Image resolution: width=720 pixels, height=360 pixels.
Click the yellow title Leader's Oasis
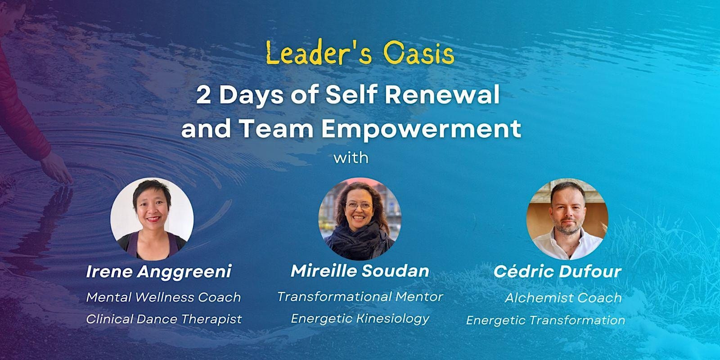click(x=360, y=53)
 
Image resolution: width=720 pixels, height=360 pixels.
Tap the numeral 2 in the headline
click(x=203, y=95)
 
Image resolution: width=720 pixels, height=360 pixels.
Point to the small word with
click(x=351, y=157)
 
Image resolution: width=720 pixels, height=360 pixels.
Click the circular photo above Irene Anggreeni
click(x=152, y=219)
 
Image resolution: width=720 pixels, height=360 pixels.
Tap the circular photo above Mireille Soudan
click(x=360, y=219)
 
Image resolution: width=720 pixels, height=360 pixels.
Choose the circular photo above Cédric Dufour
click(x=567, y=219)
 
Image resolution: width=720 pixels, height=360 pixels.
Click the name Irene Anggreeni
click(x=159, y=271)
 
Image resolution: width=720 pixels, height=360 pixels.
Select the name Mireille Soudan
click(x=360, y=270)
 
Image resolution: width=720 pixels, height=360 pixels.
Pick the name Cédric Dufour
click(x=558, y=272)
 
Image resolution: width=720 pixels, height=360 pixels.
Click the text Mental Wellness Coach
click(x=164, y=297)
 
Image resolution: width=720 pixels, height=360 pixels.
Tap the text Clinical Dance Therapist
click(x=164, y=319)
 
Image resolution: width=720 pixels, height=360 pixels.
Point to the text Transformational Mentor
click(x=360, y=297)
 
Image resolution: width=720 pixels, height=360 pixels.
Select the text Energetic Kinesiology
click(x=360, y=319)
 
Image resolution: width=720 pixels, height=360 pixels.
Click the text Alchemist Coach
click(x=563, y=297)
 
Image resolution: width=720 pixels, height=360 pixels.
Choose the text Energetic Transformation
click(x=546, y=320)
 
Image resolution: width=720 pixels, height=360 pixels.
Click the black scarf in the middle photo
click(x=358, y=240)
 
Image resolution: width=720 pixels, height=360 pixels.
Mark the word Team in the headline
click(x=277, y=129)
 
